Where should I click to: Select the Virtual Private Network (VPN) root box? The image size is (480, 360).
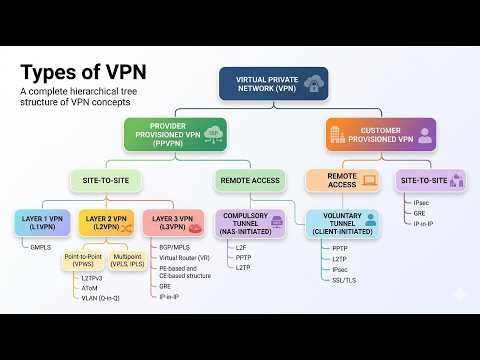click(x=273, y=83)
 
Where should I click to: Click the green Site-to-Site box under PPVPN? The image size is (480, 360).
click(x=105, y=181)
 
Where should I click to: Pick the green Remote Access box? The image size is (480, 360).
click(x=251, y=181)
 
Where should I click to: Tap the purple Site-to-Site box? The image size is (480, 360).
click(x=430, y=181)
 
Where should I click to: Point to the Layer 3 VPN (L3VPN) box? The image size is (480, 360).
click(x=172, y=221)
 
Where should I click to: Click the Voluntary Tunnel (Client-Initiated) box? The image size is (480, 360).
click(x=341, y=223)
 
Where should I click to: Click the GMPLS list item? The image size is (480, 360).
click(x=40, y=245)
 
